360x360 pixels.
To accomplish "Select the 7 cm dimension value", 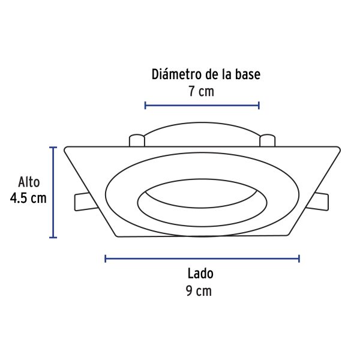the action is coord(202,91).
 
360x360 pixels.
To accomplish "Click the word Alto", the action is coord(29,182).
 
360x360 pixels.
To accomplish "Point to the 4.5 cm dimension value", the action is coord(28,199).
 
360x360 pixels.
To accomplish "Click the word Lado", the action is coord(200,274).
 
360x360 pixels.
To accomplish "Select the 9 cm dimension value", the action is coord(199,291).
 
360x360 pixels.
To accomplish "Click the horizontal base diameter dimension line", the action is coord(202,106).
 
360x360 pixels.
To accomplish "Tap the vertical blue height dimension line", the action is coord(53,193).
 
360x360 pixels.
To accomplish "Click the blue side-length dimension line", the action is coord(202,259).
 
